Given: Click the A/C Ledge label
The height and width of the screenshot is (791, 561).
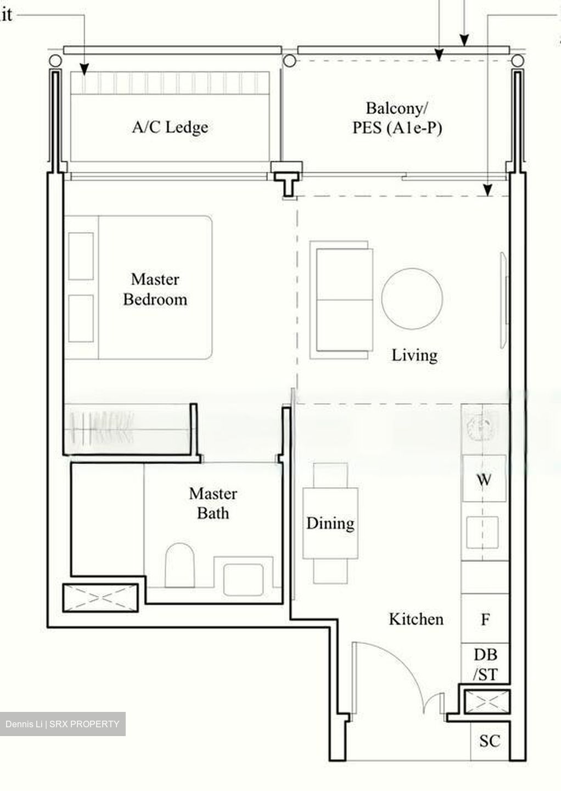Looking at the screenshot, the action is pyautogui.click(x=170, y=127).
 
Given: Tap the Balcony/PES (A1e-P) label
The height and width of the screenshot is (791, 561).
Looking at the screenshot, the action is pyautogui.click(x=397, y=118).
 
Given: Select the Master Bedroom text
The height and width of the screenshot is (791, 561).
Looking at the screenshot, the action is pyautogui.click(x=155, y=289).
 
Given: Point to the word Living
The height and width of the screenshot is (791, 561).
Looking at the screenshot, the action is pyautogui.click(x=414, y=355).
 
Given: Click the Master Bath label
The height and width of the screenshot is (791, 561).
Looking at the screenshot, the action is pyautogui.click(x=213, y=503).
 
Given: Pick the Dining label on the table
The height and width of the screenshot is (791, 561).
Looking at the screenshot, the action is pyautogui.click(x=330, y=523).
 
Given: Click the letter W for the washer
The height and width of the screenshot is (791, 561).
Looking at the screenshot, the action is pyautogui.click(x=484, y=479).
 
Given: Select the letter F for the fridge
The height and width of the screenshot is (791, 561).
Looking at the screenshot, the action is pyautogui.click(x=485, y=619).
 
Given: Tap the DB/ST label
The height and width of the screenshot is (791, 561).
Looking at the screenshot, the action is pyautogui.click(x=485, y=665).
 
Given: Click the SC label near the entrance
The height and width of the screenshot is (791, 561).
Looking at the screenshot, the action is pyautogui.click(x=490, y=740).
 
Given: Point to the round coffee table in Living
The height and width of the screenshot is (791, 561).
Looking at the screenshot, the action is pyautogui.click(x=412, y=299).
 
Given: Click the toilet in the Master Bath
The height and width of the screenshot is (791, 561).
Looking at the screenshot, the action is pyautogui.click(x=179, y=565).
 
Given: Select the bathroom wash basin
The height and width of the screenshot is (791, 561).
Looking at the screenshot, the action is pyautogui.click(x=244, y=580).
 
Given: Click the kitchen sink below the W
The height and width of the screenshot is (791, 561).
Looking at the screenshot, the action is pyautogui.click(x=483, y=532).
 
